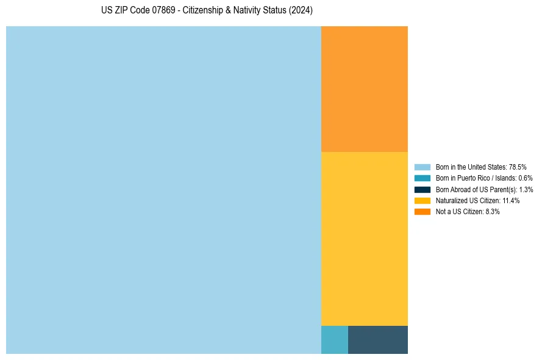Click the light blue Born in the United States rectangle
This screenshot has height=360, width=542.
point(163,190)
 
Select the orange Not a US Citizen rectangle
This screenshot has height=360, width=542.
point(364,88)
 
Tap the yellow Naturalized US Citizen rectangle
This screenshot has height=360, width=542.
point(364,238)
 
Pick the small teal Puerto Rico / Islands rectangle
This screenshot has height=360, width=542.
point(334,340)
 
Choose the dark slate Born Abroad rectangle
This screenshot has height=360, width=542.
point(377,340)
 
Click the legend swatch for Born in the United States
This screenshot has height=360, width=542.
point(422,167)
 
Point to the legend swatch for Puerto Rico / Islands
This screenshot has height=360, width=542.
point(422,178)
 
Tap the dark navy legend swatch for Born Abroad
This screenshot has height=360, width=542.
point(422,189)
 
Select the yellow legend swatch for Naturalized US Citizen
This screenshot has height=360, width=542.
point(422,200)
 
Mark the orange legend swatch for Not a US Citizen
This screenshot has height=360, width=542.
point(422,212)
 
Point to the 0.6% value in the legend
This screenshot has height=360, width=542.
point(525,178)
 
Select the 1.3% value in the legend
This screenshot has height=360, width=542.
point(526,189)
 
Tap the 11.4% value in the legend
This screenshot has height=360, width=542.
point(511,200)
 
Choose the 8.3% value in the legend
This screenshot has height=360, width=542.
point(493,212)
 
